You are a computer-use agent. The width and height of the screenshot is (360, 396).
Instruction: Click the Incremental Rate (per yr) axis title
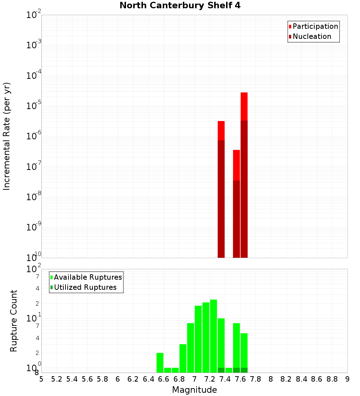7,136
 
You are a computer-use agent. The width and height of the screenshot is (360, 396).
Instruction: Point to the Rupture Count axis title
14,321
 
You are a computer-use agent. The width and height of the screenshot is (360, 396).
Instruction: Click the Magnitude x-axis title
194,390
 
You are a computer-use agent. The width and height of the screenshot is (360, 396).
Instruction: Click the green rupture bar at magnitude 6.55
160,363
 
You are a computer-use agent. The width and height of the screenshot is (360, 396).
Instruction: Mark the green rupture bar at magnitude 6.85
183,358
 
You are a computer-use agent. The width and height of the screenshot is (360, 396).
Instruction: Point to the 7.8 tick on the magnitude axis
256,379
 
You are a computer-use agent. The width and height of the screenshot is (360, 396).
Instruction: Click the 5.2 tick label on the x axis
57,379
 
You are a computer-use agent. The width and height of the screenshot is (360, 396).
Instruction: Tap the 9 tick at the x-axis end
347,379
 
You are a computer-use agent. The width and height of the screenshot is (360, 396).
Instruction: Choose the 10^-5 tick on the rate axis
33,106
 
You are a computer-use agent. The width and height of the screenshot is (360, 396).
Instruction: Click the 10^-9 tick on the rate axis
33,227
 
